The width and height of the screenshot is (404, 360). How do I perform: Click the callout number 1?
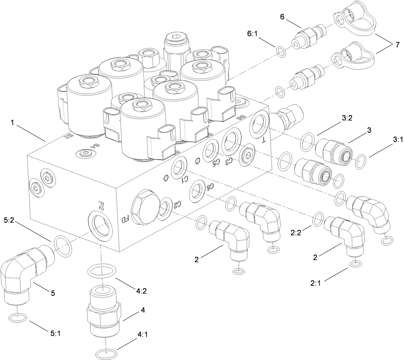[x=12, y=123]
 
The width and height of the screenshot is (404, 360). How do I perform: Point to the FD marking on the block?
[x=125, y=220]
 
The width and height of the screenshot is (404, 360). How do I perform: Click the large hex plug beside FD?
[x=144, y=210]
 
